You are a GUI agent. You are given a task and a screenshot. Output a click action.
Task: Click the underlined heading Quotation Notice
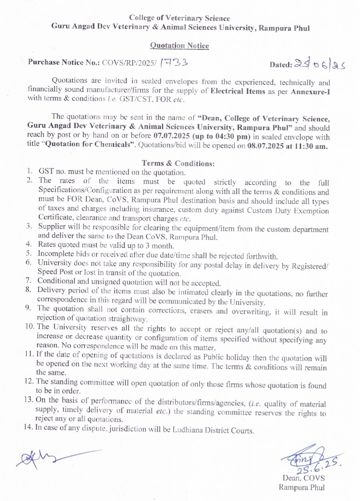coord(179,45)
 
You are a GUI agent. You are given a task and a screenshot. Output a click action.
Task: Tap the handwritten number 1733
coord(174,62)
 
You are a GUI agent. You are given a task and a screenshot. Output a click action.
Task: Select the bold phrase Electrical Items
coord(238,91)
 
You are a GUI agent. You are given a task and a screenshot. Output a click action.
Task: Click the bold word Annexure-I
coord(310,92)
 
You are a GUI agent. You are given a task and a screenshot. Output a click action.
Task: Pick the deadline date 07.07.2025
coord(171,136)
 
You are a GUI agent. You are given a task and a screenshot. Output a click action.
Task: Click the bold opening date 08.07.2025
coord(266,146)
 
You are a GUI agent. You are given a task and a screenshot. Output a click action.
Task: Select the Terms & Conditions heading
coord(178,163)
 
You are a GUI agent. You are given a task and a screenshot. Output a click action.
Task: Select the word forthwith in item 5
coord(262,256)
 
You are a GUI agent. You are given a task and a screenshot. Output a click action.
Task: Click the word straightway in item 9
coord(128,319)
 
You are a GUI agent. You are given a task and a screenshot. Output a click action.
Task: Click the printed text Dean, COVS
coord(303,478)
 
